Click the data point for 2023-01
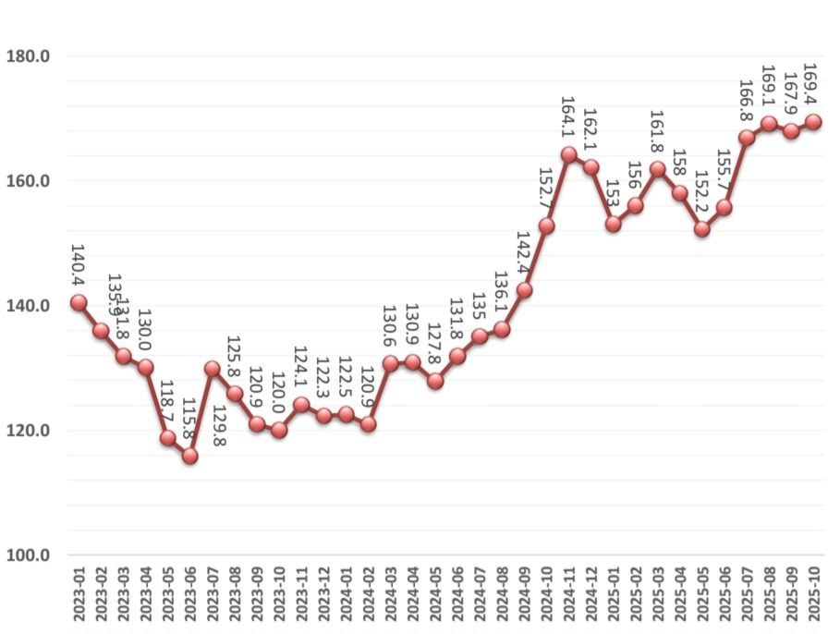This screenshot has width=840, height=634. click(x=79, y=302)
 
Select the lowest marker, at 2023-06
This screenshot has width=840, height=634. click(x=189, y=456)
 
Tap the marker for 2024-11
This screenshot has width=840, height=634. click(x=569, y=154)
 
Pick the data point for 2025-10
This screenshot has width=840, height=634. click(x=814, y=121)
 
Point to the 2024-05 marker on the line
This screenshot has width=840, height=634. click(x=435, y=381)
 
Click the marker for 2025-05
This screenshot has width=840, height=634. click(x=702, y=228)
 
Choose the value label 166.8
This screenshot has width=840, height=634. click(x=747, y=100)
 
